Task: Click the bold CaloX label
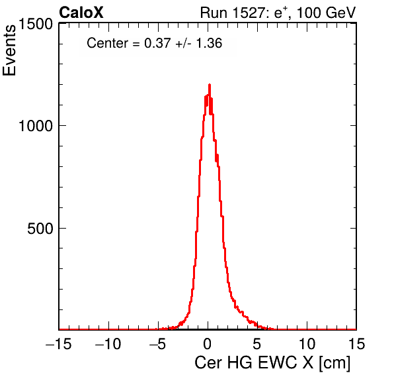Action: click(81, 13)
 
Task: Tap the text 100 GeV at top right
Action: click(327, 13)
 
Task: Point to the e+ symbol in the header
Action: click(280, 13)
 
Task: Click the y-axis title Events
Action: click(9, 50)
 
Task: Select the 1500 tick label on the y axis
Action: click(36, 25)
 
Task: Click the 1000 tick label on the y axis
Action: click(36, 126)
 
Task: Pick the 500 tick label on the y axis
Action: click(40, 229)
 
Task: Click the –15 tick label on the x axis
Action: click(58, 344)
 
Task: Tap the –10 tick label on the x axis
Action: click(108, 344)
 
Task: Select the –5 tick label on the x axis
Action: click(157, 344)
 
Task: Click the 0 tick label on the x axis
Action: click(208, 344)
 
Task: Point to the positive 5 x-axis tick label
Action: click(256, 344)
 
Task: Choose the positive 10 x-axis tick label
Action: click(307, 344)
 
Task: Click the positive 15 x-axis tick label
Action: click(356, 344)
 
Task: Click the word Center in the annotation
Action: click(107, 43)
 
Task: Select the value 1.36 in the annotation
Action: click(209, 43)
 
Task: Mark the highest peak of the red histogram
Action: click(210, 85)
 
